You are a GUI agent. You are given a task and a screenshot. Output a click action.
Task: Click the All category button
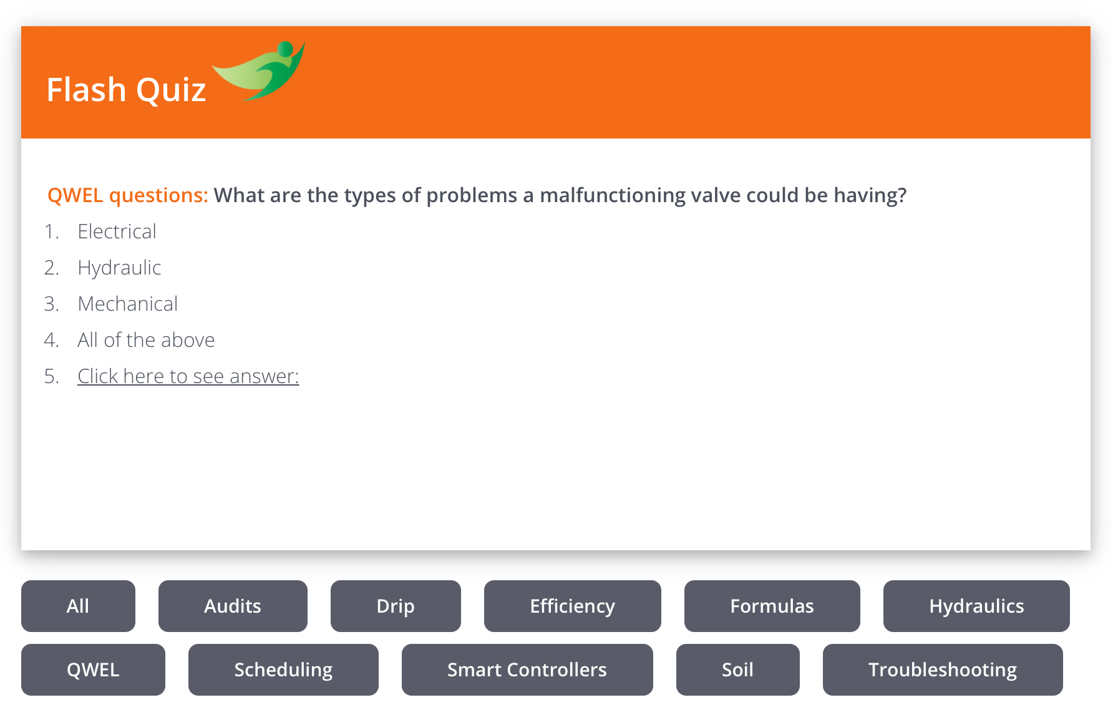[78, 606]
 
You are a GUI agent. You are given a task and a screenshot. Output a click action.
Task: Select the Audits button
[233, 606]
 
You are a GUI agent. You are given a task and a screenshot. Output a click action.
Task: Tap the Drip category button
[396, 606]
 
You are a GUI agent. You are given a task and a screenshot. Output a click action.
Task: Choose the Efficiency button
[573, 606]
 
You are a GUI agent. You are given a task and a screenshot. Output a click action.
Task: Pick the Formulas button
[772, 606]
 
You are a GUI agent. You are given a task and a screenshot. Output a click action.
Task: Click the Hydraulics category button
[976, 606]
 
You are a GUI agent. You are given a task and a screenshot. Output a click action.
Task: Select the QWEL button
[93, 669]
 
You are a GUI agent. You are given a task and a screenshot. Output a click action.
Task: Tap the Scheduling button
[283, 669]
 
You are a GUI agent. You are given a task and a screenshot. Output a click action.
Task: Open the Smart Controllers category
[527, 669]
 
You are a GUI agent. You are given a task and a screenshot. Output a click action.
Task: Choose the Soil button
[738, 669]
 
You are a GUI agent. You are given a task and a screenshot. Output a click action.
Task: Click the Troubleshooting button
[943, 669]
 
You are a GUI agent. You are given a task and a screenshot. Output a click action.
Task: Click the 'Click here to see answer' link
[188, 376]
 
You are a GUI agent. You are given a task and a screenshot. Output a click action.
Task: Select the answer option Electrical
[117, 231]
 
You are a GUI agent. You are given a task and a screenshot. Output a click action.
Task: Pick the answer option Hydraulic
[119, 268]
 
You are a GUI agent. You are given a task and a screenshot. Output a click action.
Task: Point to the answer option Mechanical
[128, 304]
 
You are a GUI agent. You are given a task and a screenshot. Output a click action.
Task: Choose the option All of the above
[146, 340]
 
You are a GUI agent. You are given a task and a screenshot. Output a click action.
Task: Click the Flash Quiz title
[126, 90]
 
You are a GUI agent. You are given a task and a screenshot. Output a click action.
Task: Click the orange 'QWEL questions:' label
[128, 195]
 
